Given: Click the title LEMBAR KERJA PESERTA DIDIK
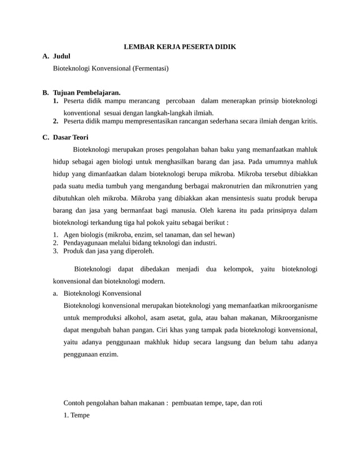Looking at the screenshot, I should [x=179, y=46].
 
